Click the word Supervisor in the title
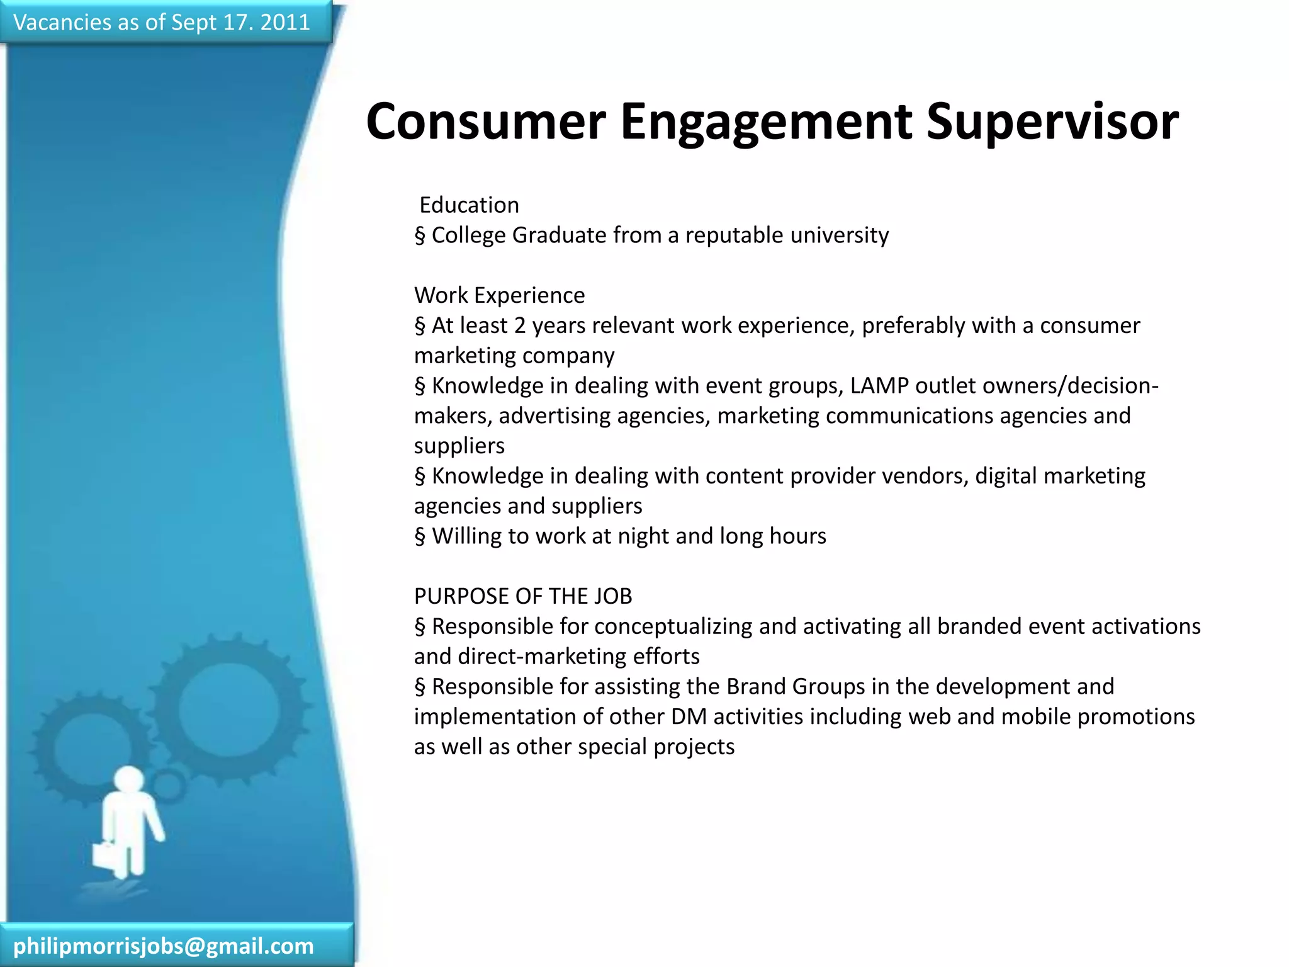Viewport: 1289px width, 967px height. [1052, 122]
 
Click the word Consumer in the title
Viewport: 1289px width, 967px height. [485, 122]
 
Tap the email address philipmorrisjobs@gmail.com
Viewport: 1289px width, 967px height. [164, 946]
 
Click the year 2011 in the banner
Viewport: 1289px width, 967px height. [285, 23]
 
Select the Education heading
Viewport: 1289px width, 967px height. [469, 205]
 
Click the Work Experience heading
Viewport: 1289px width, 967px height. [499, 295]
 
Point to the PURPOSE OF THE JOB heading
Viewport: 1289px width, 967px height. [523, 596]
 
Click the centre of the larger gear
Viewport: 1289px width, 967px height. [228, 710]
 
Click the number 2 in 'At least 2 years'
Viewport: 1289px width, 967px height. [519, 325]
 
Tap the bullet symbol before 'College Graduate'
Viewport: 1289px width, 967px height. [420, 236]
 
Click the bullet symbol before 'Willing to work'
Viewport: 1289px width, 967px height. [420, 537]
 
